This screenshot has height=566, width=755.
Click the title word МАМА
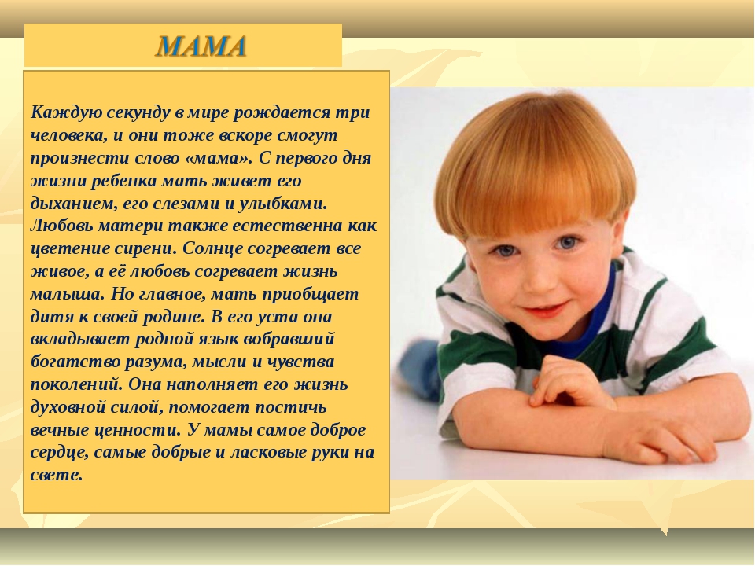tap(201, 46)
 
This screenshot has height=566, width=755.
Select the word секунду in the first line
tap(138, 113)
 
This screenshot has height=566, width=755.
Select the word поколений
tap(77, 384)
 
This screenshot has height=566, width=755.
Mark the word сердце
tap(60, 454)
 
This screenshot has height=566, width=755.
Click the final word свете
tap(57, 475)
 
